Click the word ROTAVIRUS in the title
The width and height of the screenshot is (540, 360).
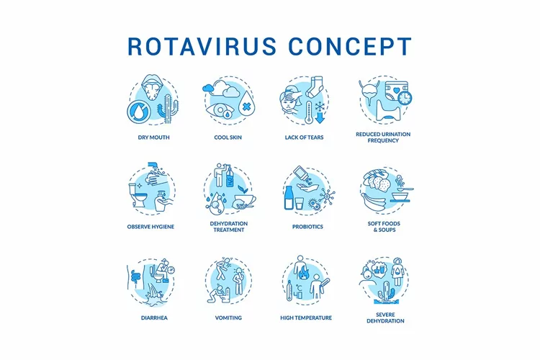coord(202,46)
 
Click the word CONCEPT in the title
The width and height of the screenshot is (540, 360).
coord(350,46)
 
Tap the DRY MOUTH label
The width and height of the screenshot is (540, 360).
coord(153,137)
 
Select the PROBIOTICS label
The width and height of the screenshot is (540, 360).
coord(307,227)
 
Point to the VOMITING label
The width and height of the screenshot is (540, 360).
coord(228,318)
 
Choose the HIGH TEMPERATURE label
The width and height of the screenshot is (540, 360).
coord(306,318)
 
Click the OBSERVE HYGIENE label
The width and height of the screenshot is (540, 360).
coord(150,227)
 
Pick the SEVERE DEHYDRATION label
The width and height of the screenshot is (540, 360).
coord(385,318)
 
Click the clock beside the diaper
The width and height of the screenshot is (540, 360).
coord(405,98)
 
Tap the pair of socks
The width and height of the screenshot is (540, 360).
coord(315,86)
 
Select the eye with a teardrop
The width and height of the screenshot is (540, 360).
coord(220,111)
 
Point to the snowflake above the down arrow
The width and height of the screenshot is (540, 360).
coord(320,106)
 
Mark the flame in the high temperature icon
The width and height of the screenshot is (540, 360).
coord(305,273)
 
